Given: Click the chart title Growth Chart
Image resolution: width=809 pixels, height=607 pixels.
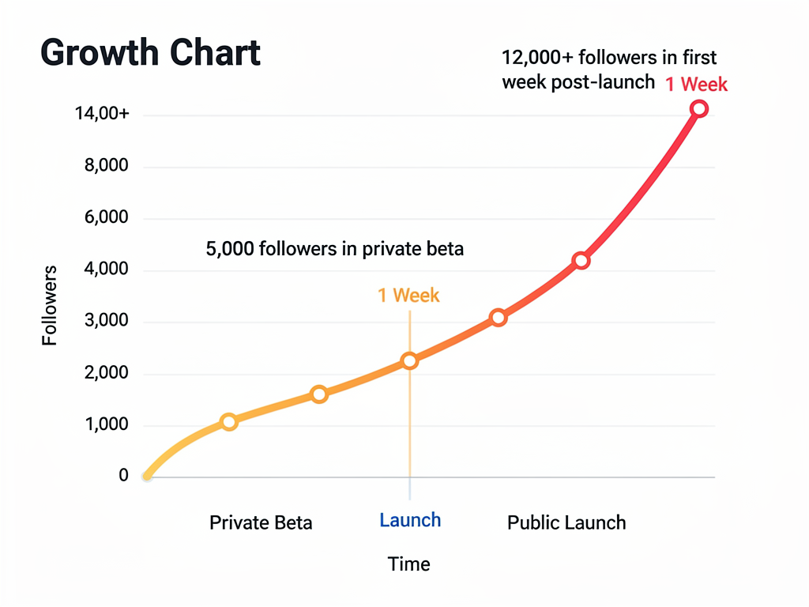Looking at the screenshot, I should click(x=150, y=53).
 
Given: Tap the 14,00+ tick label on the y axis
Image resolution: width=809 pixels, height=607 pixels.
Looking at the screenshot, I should click(x=102, y=114).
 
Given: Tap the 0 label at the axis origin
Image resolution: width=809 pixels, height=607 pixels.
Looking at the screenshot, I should click(x=123, y=476).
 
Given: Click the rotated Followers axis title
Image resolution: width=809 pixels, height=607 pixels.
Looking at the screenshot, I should click(x=50, y=306).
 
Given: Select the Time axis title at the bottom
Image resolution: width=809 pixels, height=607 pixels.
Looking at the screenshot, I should click(x=409, y=564).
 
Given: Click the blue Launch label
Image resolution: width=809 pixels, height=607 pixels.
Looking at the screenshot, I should click(x=410, y=520).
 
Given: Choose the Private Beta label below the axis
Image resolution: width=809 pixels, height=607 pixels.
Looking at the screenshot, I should click(x=261, y=522).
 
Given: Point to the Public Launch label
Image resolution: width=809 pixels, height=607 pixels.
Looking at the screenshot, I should click(x=566, y=522).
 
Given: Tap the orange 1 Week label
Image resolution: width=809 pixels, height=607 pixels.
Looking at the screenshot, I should click(x=408, y=296).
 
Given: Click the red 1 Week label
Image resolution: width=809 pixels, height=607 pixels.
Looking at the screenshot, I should click(x=696, y=84).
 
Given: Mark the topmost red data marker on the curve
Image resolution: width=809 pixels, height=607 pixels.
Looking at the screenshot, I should click(x=698, y=108).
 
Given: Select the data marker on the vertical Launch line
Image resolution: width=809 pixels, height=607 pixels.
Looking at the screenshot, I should click(x=409, y=360).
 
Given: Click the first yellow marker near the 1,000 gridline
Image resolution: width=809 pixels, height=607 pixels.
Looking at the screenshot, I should click(x=229, y=421).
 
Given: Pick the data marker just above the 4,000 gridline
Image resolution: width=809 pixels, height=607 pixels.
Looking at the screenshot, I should click(x=581, y=260).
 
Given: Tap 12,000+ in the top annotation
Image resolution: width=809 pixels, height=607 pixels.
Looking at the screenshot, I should click(x=535, y=58).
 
